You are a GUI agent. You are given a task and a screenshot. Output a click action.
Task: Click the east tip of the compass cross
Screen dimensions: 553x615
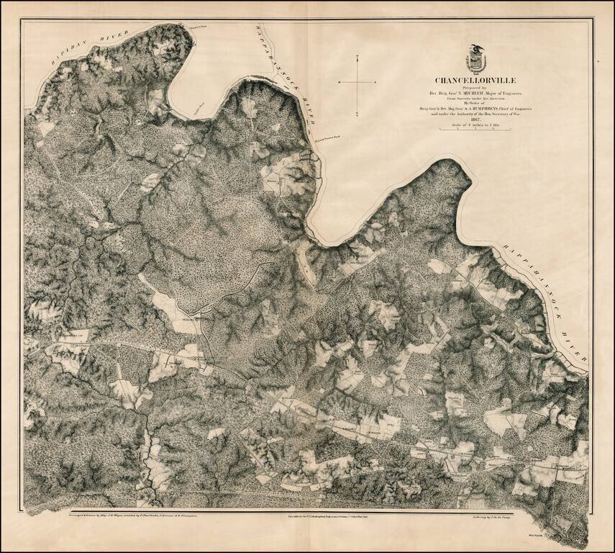(x=377, y=81)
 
